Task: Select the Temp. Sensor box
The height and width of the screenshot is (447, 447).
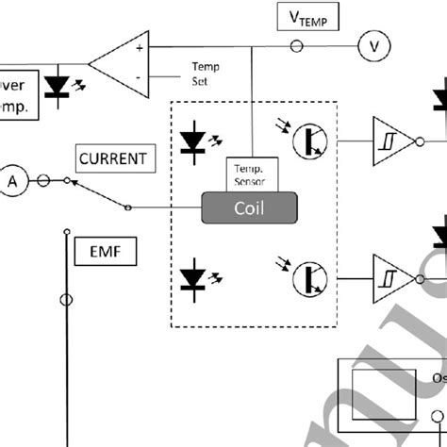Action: pyautogui.click(x=250, y=173)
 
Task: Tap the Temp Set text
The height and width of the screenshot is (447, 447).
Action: pyautogui.click(x=206, y=74)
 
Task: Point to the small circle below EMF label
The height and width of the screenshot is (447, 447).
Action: pyautogui.click(x=66, y=300)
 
